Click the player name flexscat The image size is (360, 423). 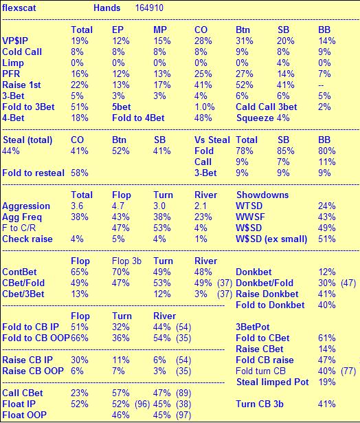(19, 8)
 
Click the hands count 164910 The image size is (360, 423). (149, 8)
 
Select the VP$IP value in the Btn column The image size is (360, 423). (245, 41)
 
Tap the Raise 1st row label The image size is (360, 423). (21, 85)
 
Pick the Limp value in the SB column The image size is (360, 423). (283, 63)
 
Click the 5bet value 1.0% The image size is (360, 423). (205, 107)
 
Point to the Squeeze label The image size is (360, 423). (255, 118)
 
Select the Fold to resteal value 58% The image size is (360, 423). (80, 173)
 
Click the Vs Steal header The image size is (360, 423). (212, 140)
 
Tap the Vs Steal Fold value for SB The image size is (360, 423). (286, 151)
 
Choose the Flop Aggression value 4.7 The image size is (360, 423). (118, 206)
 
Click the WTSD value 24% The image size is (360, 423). (327, 206)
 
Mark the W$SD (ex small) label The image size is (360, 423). (271, 239)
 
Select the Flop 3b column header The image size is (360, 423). (126, 261)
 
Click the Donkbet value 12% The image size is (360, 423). (327, 272)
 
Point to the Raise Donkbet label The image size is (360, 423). (267, 294)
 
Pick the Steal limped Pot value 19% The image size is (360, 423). (327, 382)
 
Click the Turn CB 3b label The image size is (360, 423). (260, 404)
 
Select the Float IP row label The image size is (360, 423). (19, 404)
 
